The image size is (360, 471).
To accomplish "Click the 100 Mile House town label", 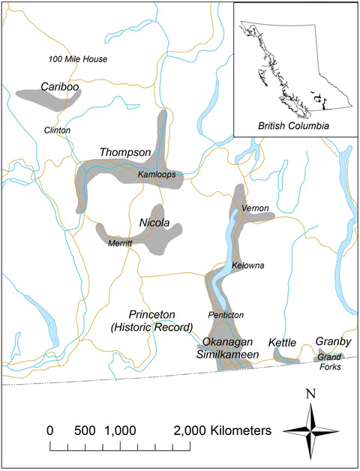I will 77,58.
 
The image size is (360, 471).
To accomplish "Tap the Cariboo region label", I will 61,87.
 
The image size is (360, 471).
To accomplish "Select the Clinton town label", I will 57,130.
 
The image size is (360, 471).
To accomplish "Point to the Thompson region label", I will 125,152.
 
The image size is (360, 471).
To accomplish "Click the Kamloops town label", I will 156,174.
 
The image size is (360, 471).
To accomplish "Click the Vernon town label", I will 256,208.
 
